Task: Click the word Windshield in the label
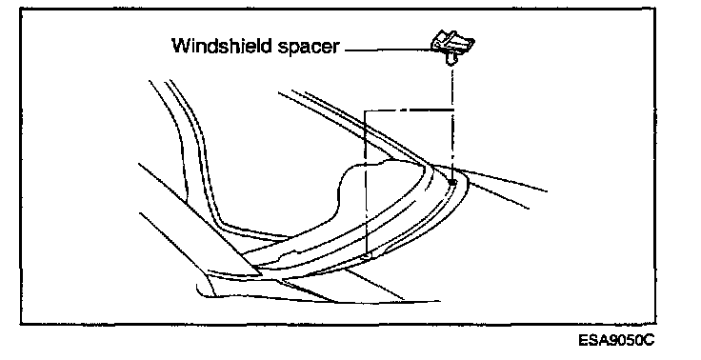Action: coord(222,45)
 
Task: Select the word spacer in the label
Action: coord(308,48)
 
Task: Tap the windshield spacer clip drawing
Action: coord(452,47)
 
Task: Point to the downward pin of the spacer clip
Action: coord(451,58)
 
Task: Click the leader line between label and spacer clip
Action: coord(389,50)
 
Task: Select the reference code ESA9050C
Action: coord(616,340)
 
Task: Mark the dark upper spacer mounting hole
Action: coord(452,182)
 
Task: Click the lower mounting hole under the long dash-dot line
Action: coord(367,256)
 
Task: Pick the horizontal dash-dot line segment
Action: coord(409,110)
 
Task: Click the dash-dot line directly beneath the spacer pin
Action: coord(452,122)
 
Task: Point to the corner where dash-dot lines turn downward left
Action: coord(365,110)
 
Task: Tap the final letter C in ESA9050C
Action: coord(650,340)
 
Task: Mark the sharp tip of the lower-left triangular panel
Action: coord(262,273)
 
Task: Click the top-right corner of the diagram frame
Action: coord(655,8)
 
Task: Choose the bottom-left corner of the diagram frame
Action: coord(21,323)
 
